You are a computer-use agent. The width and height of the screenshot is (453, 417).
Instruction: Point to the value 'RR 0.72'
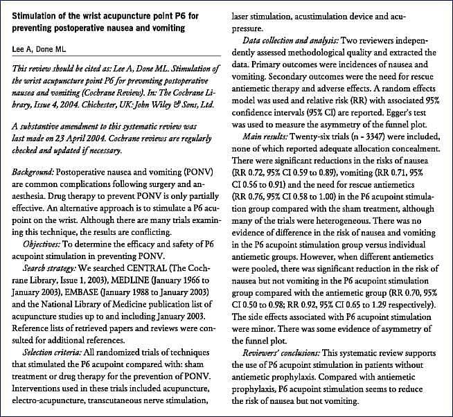[x=258, y=174]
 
